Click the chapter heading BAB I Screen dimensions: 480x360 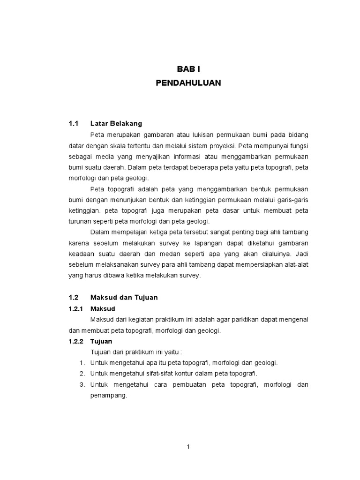coord(188,69)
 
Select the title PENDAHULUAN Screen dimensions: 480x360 coord(188,83)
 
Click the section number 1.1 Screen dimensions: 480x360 coord(72,124)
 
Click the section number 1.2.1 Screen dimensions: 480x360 coord(75,309)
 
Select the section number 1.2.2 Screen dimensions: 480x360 coord(75,341)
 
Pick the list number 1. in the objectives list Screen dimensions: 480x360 coord(82,363)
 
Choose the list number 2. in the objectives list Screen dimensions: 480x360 coord(82,374)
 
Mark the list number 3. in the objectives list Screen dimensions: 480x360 coord(82,384)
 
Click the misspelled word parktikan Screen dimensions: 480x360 coord(225,320)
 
